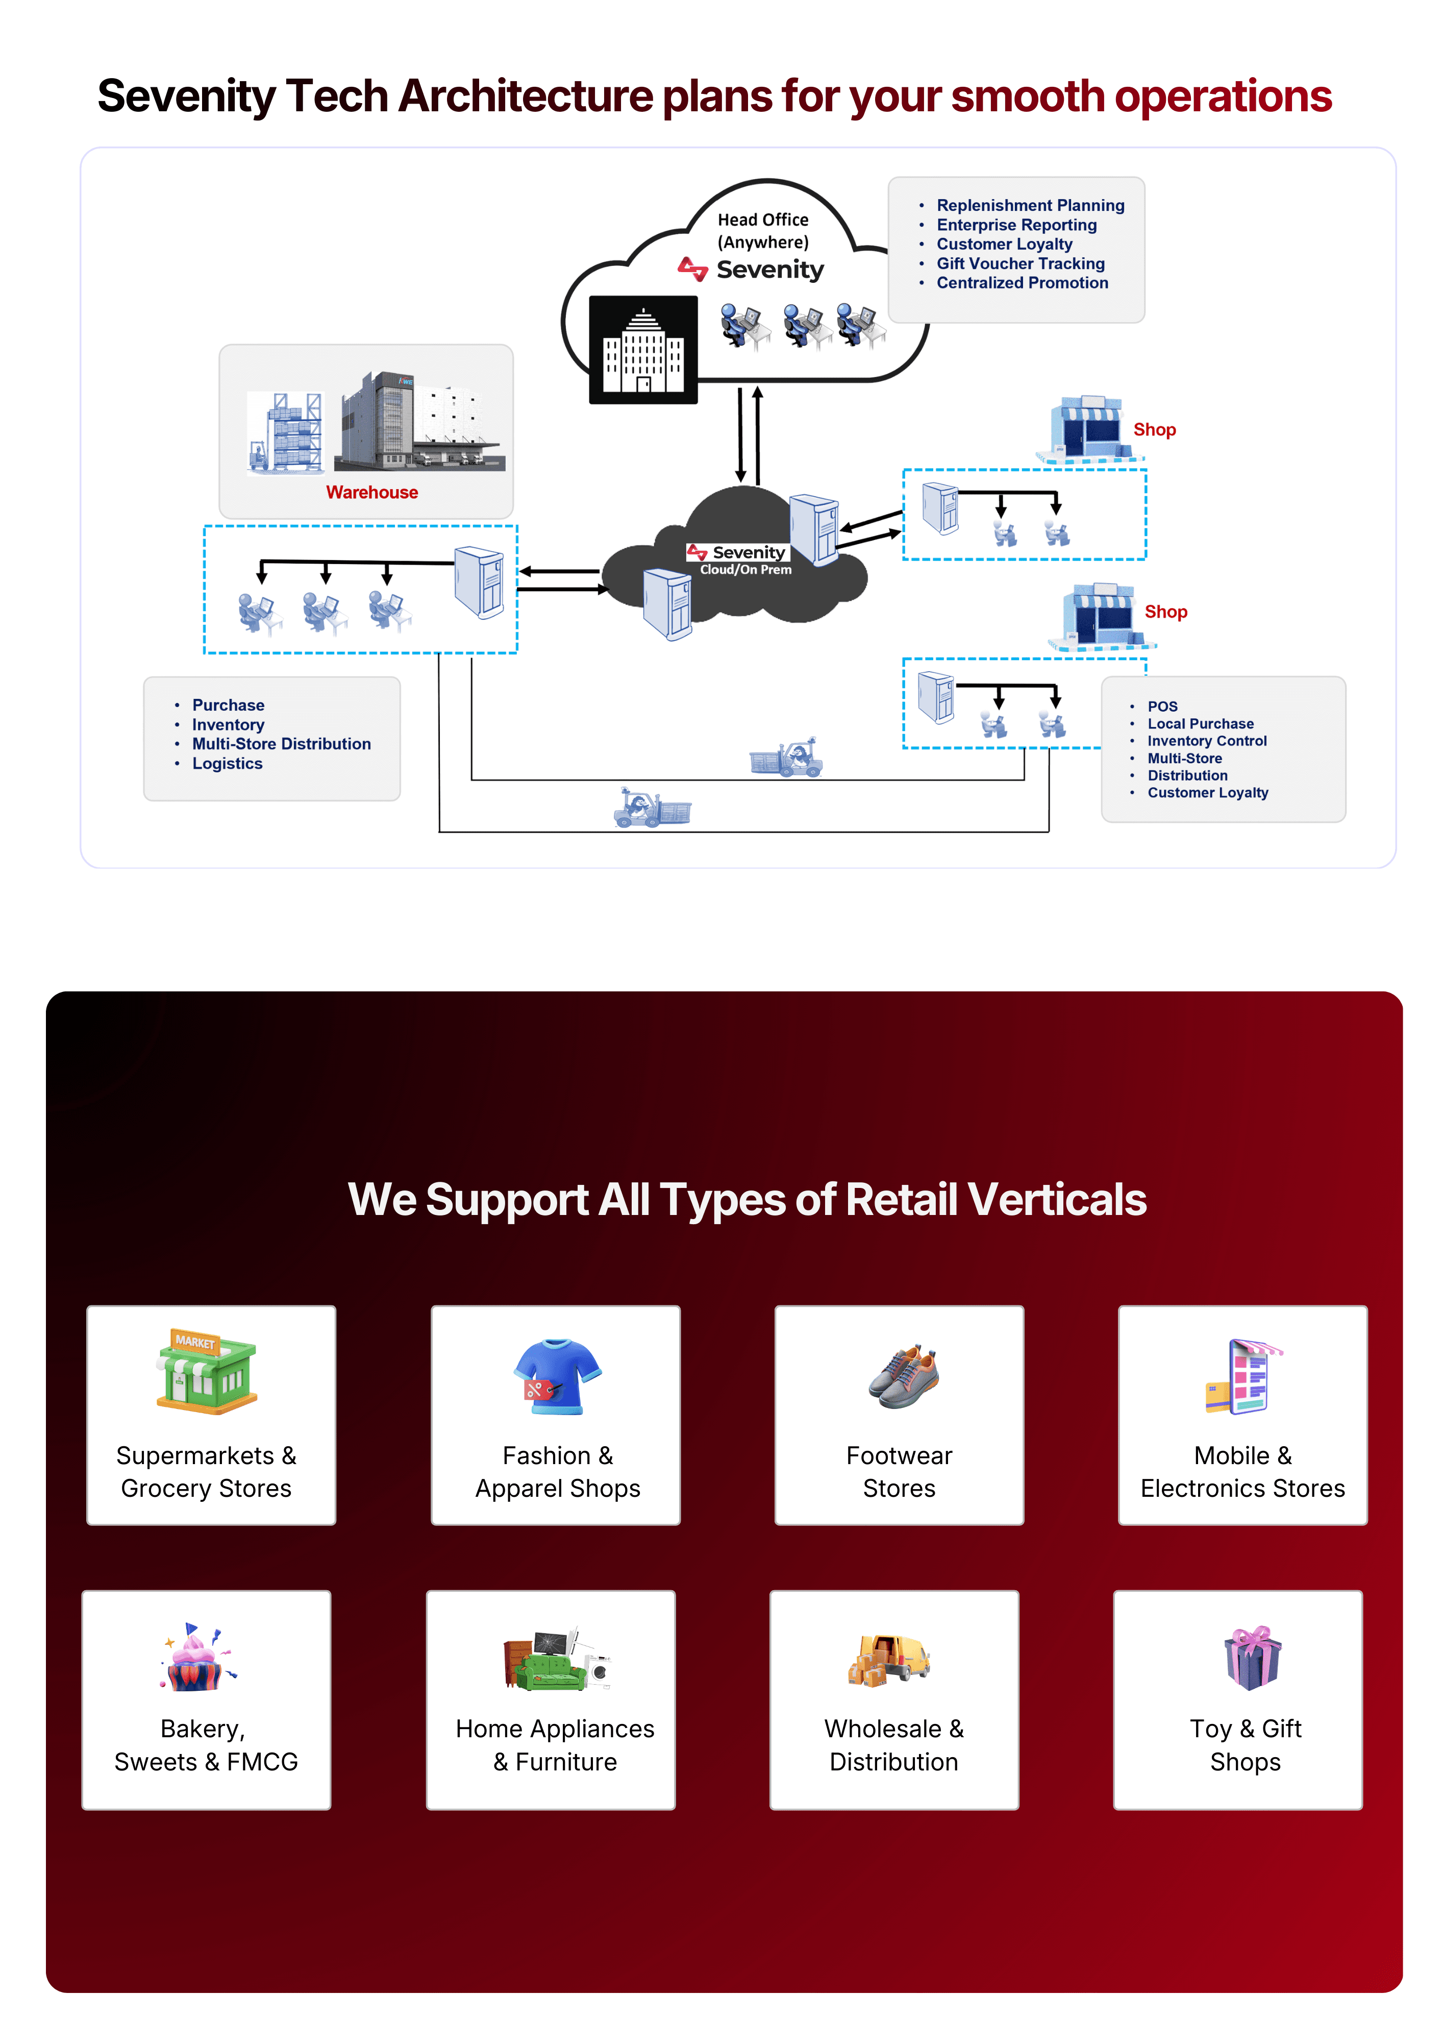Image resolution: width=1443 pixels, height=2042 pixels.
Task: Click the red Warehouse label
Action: click(371, 492)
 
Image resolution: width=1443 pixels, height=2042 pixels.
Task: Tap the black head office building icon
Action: click(643, 350)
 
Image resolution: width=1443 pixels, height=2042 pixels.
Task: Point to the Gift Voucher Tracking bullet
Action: click(1020, 263)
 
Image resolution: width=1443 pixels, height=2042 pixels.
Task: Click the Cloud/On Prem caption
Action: click(745, 570)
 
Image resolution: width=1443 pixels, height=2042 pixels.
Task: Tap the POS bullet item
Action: click(1161, 706)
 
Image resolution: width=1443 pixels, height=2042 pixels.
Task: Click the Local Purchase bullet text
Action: click(1200, 724)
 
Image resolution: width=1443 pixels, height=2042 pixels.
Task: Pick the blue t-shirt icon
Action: click(558, 1375)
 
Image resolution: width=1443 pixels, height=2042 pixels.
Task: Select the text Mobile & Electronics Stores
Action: click(1242, 1472)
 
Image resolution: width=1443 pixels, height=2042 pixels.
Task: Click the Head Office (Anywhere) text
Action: click(763, 230)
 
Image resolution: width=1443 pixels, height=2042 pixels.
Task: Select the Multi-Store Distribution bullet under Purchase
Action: click(281, 743)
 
